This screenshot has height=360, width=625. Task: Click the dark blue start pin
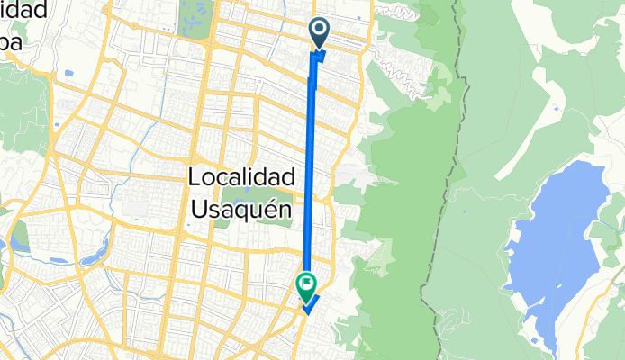coord(321,31)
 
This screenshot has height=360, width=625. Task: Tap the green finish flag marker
coord(306,286)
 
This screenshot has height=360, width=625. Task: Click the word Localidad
coord(240,178)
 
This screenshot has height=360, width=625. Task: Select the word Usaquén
coord(242,210)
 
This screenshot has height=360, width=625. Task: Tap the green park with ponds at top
coord(195,17)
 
